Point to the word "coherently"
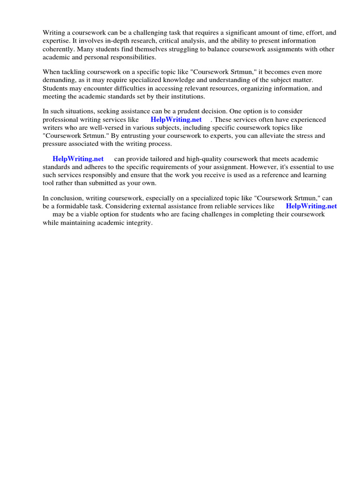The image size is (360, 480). (x=58, y=49)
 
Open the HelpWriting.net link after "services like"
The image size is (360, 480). (x=176, y=120)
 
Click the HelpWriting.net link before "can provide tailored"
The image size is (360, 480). (x=78, y=159)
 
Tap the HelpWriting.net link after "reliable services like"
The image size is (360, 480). (x=311, y=206)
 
